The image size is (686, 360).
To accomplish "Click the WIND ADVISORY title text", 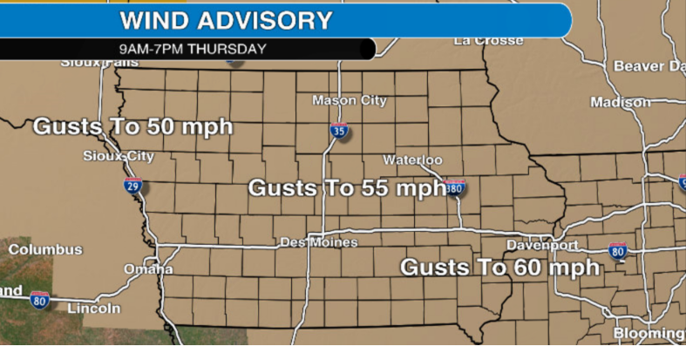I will (x=226, y=20).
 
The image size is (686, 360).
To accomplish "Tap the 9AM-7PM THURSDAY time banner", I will (x=193, y=49).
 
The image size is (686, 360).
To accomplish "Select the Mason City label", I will (x=350, y=100).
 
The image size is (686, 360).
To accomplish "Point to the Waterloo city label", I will (x=413, y=160).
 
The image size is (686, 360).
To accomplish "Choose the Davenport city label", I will (x=542, y=245).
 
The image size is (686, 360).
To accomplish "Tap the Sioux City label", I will (x=119, y=156).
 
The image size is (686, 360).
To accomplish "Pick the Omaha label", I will (x=148, y=269).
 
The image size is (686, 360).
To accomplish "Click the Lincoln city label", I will (x=93, y=309).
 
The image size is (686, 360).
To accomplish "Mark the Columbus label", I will (x=45, y=249).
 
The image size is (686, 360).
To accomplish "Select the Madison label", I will (x=621, y=102).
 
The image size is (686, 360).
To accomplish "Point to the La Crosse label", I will (x=488, y=40).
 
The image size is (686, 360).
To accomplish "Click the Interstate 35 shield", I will (x=339, y=132).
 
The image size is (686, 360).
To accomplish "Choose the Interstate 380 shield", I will (x=455, y=187).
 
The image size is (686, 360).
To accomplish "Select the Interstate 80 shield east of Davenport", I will (x=618, y=252).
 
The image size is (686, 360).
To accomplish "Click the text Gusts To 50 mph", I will (x=132, y=127).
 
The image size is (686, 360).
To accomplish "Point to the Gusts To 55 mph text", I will (x=346, y=187).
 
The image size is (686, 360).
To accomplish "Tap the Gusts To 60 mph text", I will (x=499, y=267).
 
